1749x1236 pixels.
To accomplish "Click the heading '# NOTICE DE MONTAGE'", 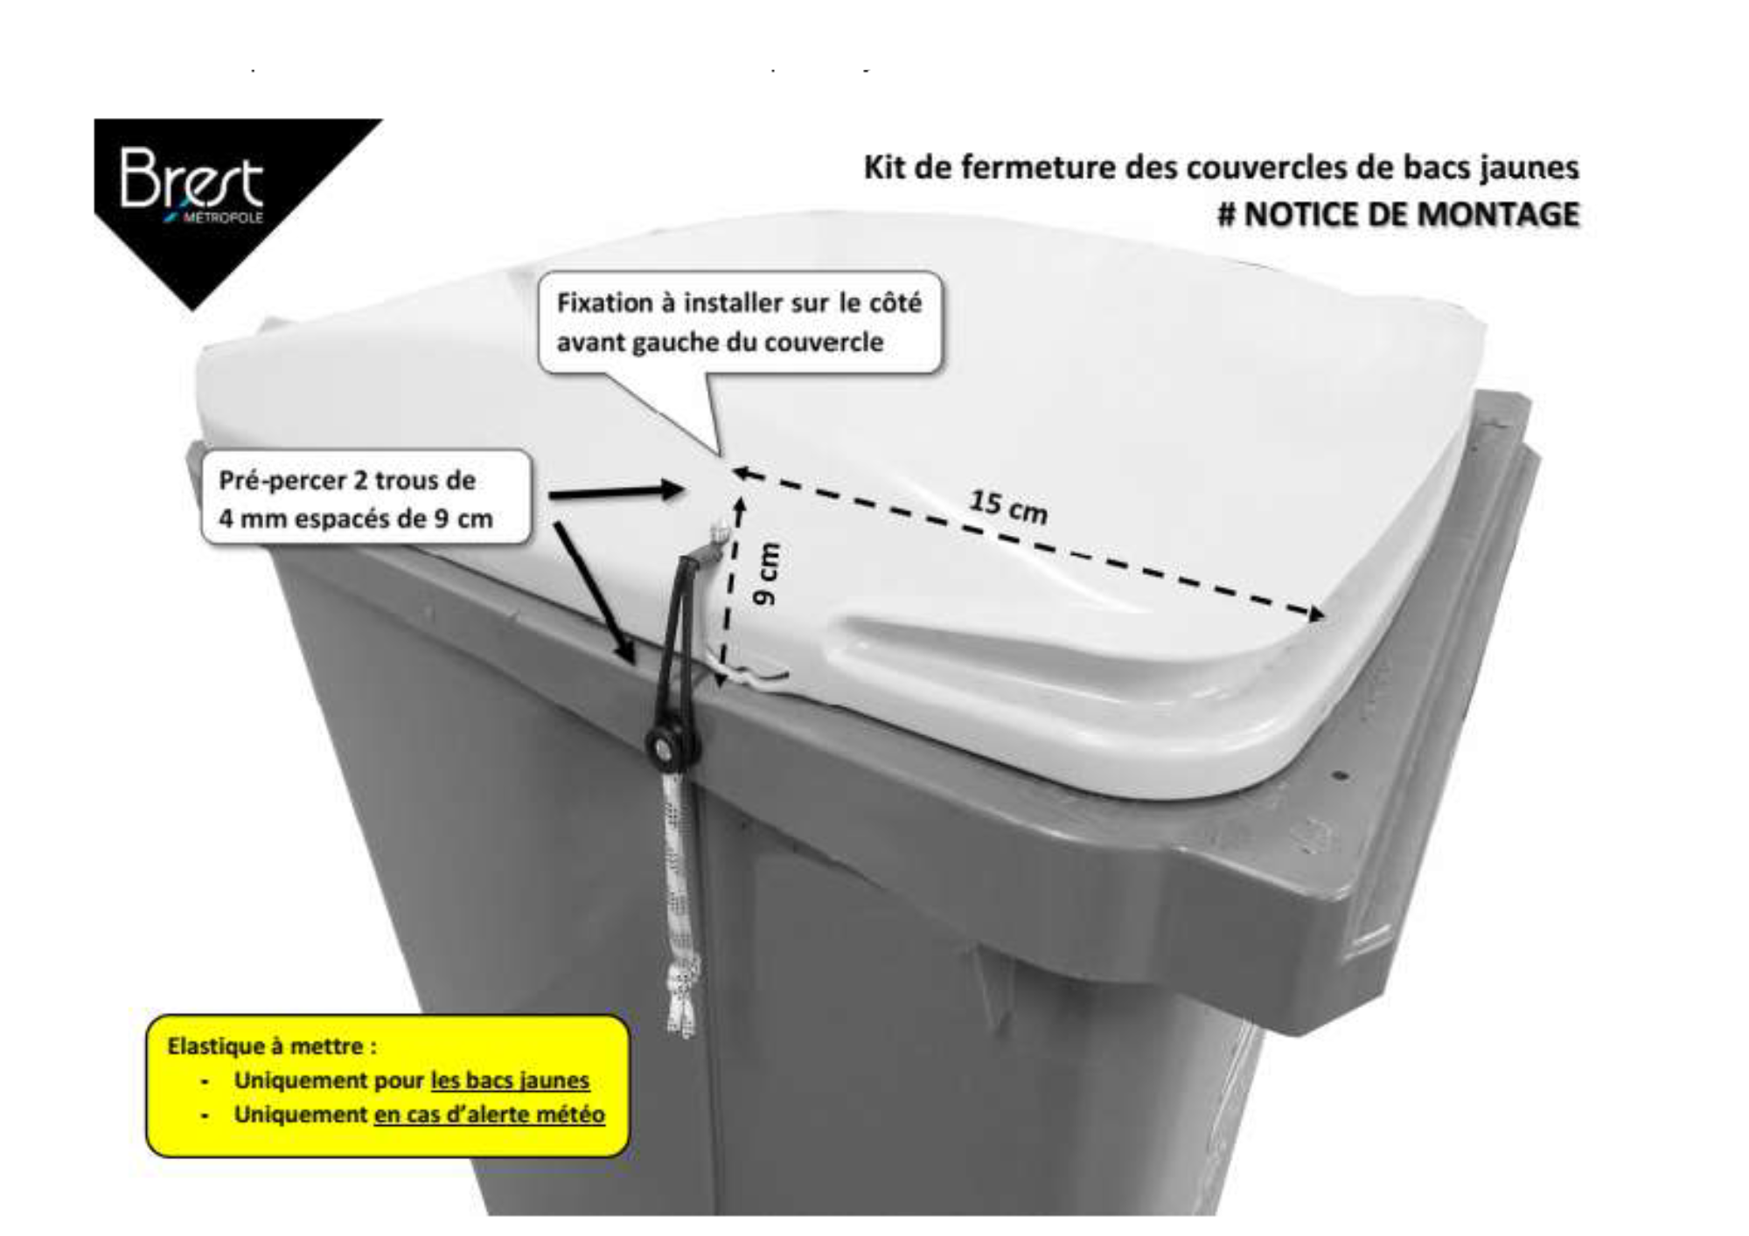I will click(1397, 215).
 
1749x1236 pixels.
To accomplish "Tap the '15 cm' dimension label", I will click(1007, 506).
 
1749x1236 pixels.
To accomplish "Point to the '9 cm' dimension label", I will click(766, 574).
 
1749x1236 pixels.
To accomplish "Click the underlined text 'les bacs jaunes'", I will click(510, 1080).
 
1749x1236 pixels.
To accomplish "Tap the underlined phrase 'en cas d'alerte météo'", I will click(489, 1115).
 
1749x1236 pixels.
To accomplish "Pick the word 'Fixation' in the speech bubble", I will click(604, 303).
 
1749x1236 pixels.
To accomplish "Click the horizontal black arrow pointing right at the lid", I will click(616, 491).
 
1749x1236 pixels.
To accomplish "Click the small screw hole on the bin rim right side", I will click(1344, 775).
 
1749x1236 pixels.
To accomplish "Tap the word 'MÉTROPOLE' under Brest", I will click(222, 218).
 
